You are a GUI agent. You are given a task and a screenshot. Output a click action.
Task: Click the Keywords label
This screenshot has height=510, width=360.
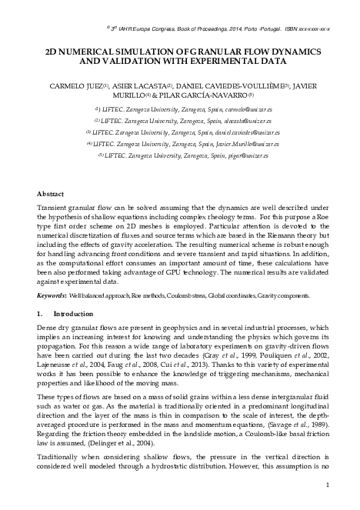[x=52, y=295]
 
